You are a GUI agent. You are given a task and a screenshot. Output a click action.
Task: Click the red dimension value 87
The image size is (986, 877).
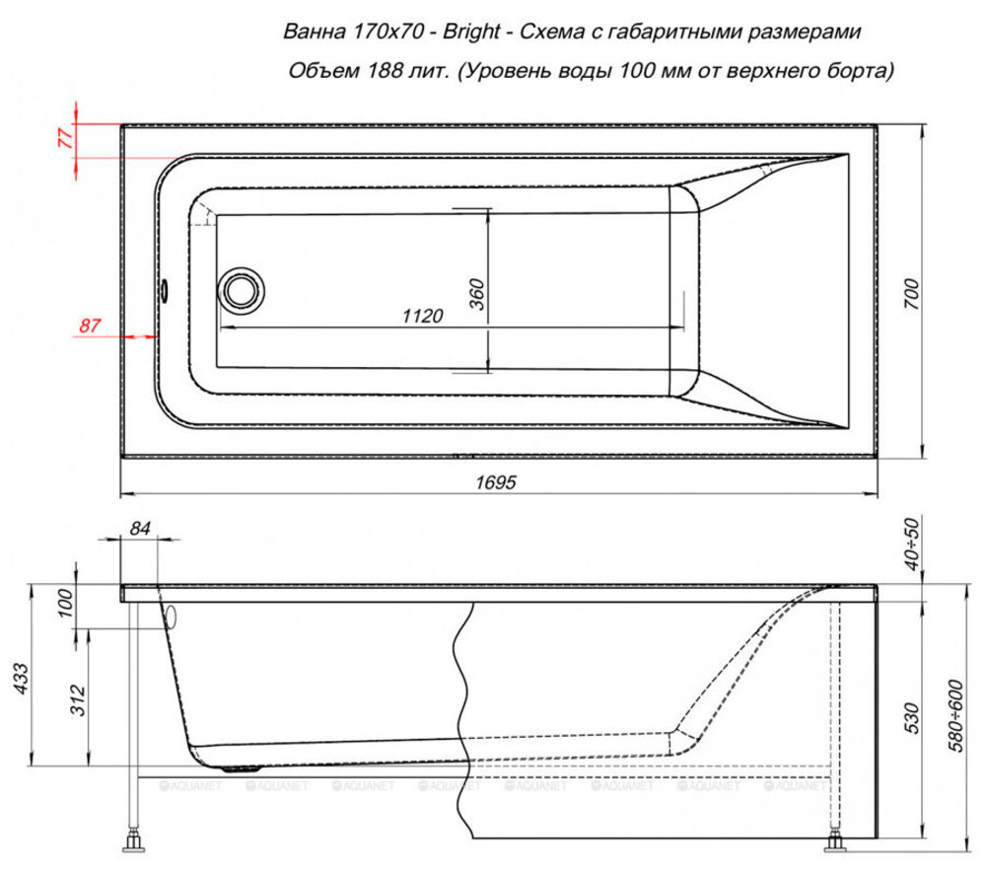[90, 326]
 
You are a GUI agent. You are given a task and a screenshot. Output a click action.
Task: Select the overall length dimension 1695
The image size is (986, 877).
[496, 482]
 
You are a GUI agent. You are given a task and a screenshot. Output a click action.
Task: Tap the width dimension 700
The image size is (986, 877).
[911, 293]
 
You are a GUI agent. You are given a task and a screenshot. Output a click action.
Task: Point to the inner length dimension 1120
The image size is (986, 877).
[423, 316]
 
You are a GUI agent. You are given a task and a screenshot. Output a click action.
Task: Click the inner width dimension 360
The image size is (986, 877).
[477, 294]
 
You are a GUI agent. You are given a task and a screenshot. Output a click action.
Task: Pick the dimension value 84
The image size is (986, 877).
[140, 529]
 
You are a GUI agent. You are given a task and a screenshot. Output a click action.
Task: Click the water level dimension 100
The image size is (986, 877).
[65, 603]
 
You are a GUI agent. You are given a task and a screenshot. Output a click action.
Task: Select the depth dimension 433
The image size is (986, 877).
[21, 678]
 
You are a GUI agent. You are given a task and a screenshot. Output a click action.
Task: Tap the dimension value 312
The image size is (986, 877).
[78, 699]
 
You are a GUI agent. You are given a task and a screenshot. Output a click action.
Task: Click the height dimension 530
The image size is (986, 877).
[911, 718]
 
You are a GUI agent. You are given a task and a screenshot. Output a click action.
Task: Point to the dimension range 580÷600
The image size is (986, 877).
[955, 715]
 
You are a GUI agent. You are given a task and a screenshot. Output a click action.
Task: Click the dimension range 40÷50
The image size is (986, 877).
[911, 544]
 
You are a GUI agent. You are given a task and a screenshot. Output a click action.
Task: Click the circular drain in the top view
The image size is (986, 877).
[241, 291]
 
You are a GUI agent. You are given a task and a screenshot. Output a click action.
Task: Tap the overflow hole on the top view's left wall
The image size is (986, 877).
[165, 290]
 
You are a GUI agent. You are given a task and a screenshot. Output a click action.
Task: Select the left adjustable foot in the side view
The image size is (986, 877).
[133, 840]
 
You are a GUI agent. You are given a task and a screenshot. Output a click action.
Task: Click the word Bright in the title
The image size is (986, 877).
[471, 32]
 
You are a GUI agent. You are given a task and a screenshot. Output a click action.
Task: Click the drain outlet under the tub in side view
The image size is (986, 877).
[243, 767]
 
